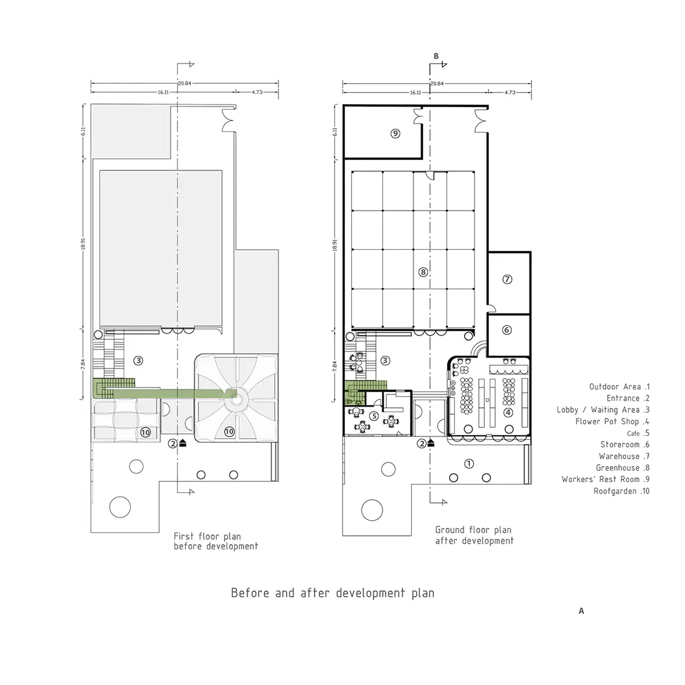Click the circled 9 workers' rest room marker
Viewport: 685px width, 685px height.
tap(395, 133)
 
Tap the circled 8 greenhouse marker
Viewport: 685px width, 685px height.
tap(423, 272)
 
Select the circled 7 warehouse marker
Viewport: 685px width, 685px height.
tap(507, 279)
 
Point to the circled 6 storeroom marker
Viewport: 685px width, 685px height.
tap(507, 330)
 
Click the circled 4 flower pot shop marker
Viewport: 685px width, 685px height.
tap(508, 412)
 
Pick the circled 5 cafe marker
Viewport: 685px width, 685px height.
tap(374, 416)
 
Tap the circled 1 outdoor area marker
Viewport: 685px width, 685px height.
tap(469, 464)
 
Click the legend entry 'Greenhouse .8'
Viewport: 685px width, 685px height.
tap(623, 468)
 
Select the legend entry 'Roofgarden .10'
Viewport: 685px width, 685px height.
tap(621, 491)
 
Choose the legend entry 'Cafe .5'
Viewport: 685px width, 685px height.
tap(638, 433)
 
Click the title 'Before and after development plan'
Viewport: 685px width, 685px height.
tap(332, 593)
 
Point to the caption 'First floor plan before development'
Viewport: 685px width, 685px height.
tap(216, 541)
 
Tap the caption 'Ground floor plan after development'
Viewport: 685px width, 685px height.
tap(474, 535)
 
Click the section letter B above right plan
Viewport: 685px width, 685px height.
tap(436, 56)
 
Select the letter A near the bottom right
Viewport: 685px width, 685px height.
tap(582, 611)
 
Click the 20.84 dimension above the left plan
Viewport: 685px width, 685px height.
tap(185, 83)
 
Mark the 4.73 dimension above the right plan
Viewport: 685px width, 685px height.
tap(510, 93)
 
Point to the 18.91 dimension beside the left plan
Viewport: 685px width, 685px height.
tap(83, 244)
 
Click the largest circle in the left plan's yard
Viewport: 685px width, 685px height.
tap(120, 507)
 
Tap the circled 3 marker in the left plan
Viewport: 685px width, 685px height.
tap(138, 360)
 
